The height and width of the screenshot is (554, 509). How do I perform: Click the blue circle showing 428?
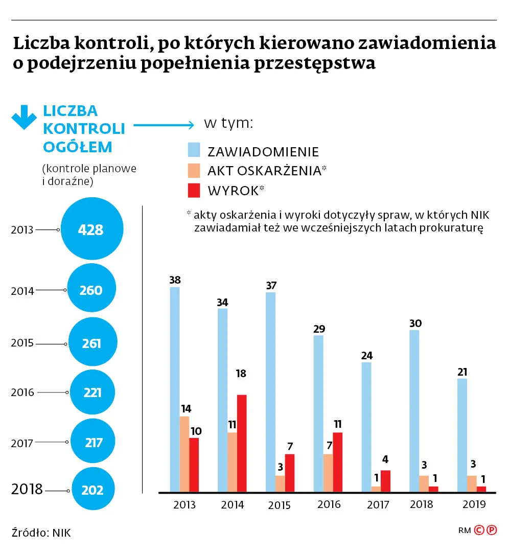pyautogui.click(x=92, y=229)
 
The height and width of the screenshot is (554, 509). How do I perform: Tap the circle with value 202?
pyautogui.click(x=92, y=490)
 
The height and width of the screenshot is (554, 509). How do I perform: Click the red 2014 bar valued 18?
pyautogui.click(x=242, y=443)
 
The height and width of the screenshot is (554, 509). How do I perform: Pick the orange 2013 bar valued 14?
pyautogui.click(x=184, y=454)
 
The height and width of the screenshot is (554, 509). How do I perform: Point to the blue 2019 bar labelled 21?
pyautogui.click(x=462, y=435)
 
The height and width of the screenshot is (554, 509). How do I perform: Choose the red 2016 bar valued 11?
pyautogui.click(x=337, y=462)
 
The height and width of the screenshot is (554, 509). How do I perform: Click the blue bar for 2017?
pyautogui.click(x=366, y=427)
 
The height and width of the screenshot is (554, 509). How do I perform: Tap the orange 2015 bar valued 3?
pyautogui.click(x=280, y=483)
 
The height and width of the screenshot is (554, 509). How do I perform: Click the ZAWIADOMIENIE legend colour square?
pyautogui.click(x=194, y=150)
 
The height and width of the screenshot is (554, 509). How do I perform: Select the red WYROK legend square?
pyautogui.click(x=194, y=191)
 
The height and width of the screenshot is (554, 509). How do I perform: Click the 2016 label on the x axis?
pyautogui.click(x=329, y=504)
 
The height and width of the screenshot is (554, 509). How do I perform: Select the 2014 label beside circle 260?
pyautogui.click(x=22, y=291)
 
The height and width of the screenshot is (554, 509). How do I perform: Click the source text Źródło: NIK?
pyautogui.click(x=41, y=533)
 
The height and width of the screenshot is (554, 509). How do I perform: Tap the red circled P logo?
pyautogui.click(x=491, y=530)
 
